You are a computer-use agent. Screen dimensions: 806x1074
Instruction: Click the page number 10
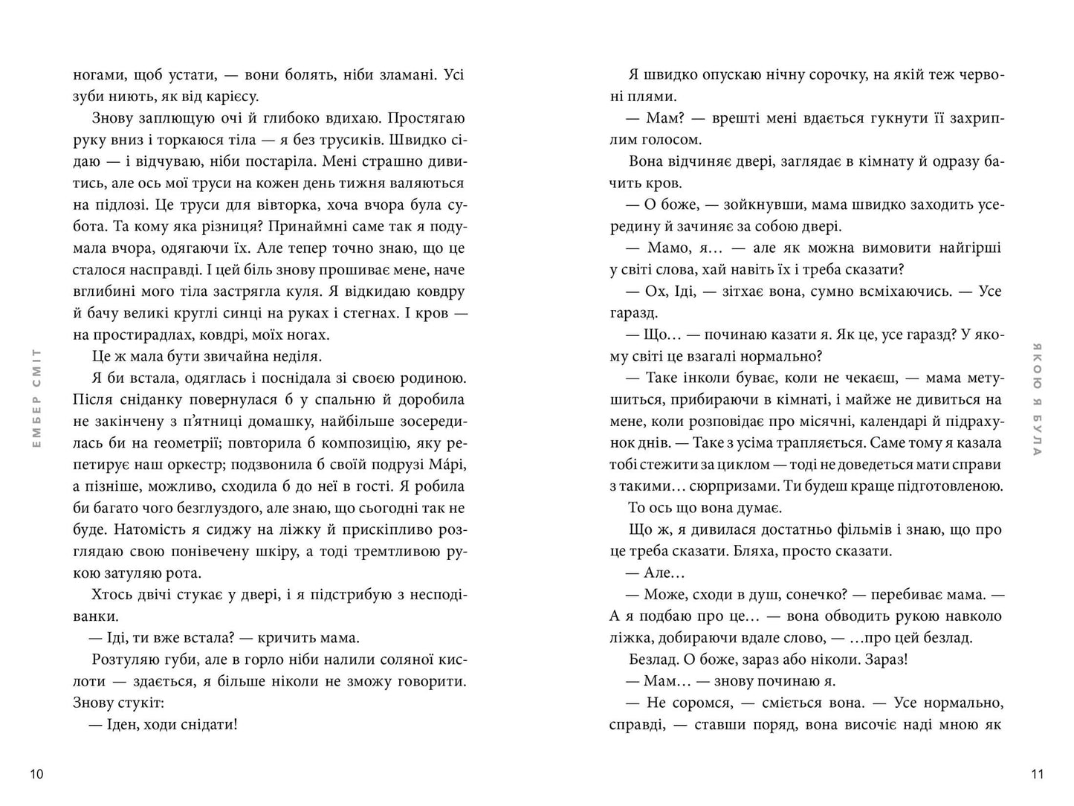[37, 774]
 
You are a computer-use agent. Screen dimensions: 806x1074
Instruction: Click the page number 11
[1038, 774]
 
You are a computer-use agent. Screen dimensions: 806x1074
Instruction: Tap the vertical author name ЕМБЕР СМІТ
[38, 398]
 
